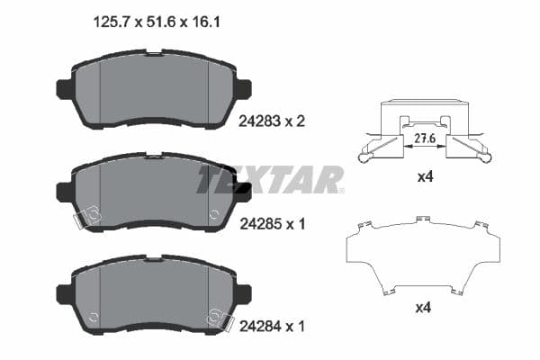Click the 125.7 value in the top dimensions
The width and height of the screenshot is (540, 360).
112,24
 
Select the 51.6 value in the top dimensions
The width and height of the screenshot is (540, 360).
160,24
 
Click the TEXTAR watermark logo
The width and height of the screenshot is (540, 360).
270,179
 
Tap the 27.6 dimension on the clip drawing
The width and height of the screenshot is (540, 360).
427,139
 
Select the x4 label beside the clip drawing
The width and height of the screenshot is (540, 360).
426,178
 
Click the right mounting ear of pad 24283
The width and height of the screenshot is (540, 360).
243,89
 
